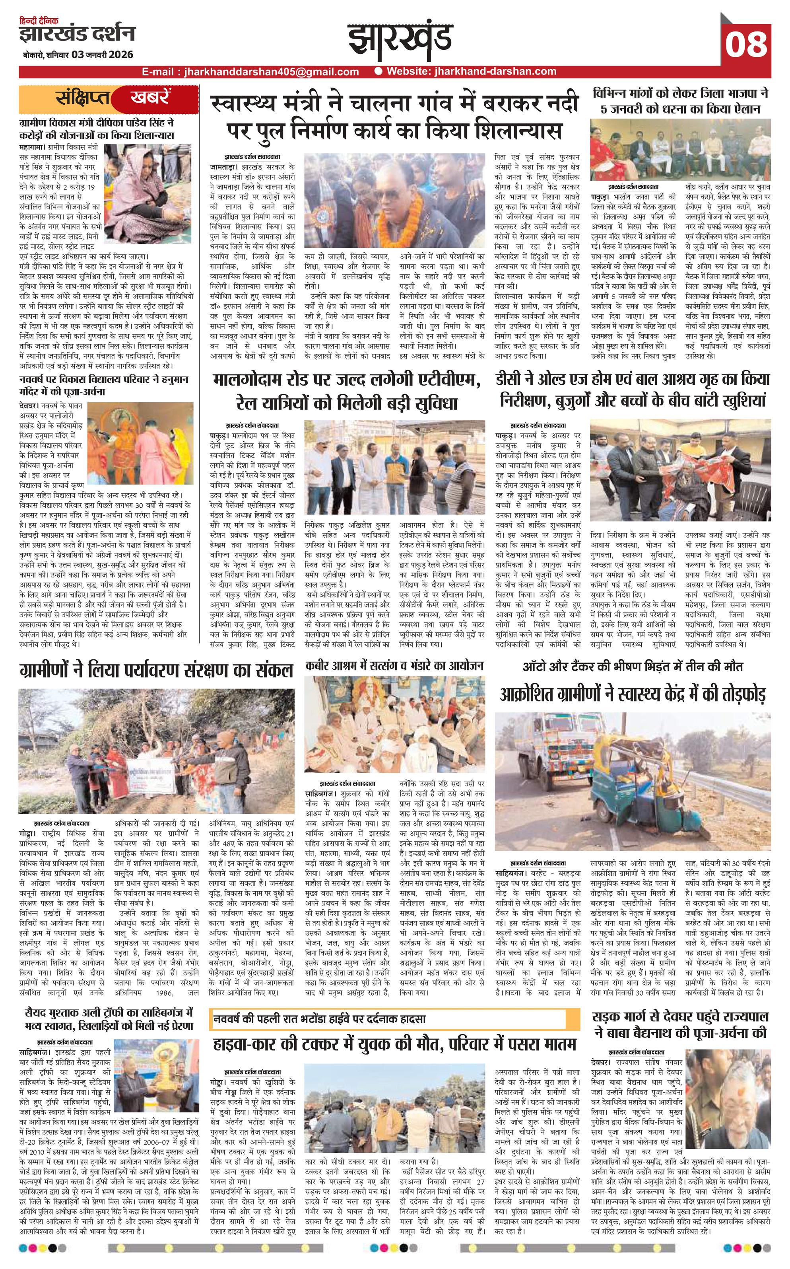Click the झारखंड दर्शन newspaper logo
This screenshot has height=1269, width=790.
tap(77, 34)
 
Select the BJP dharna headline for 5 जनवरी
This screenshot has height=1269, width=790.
tap(680, 101)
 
